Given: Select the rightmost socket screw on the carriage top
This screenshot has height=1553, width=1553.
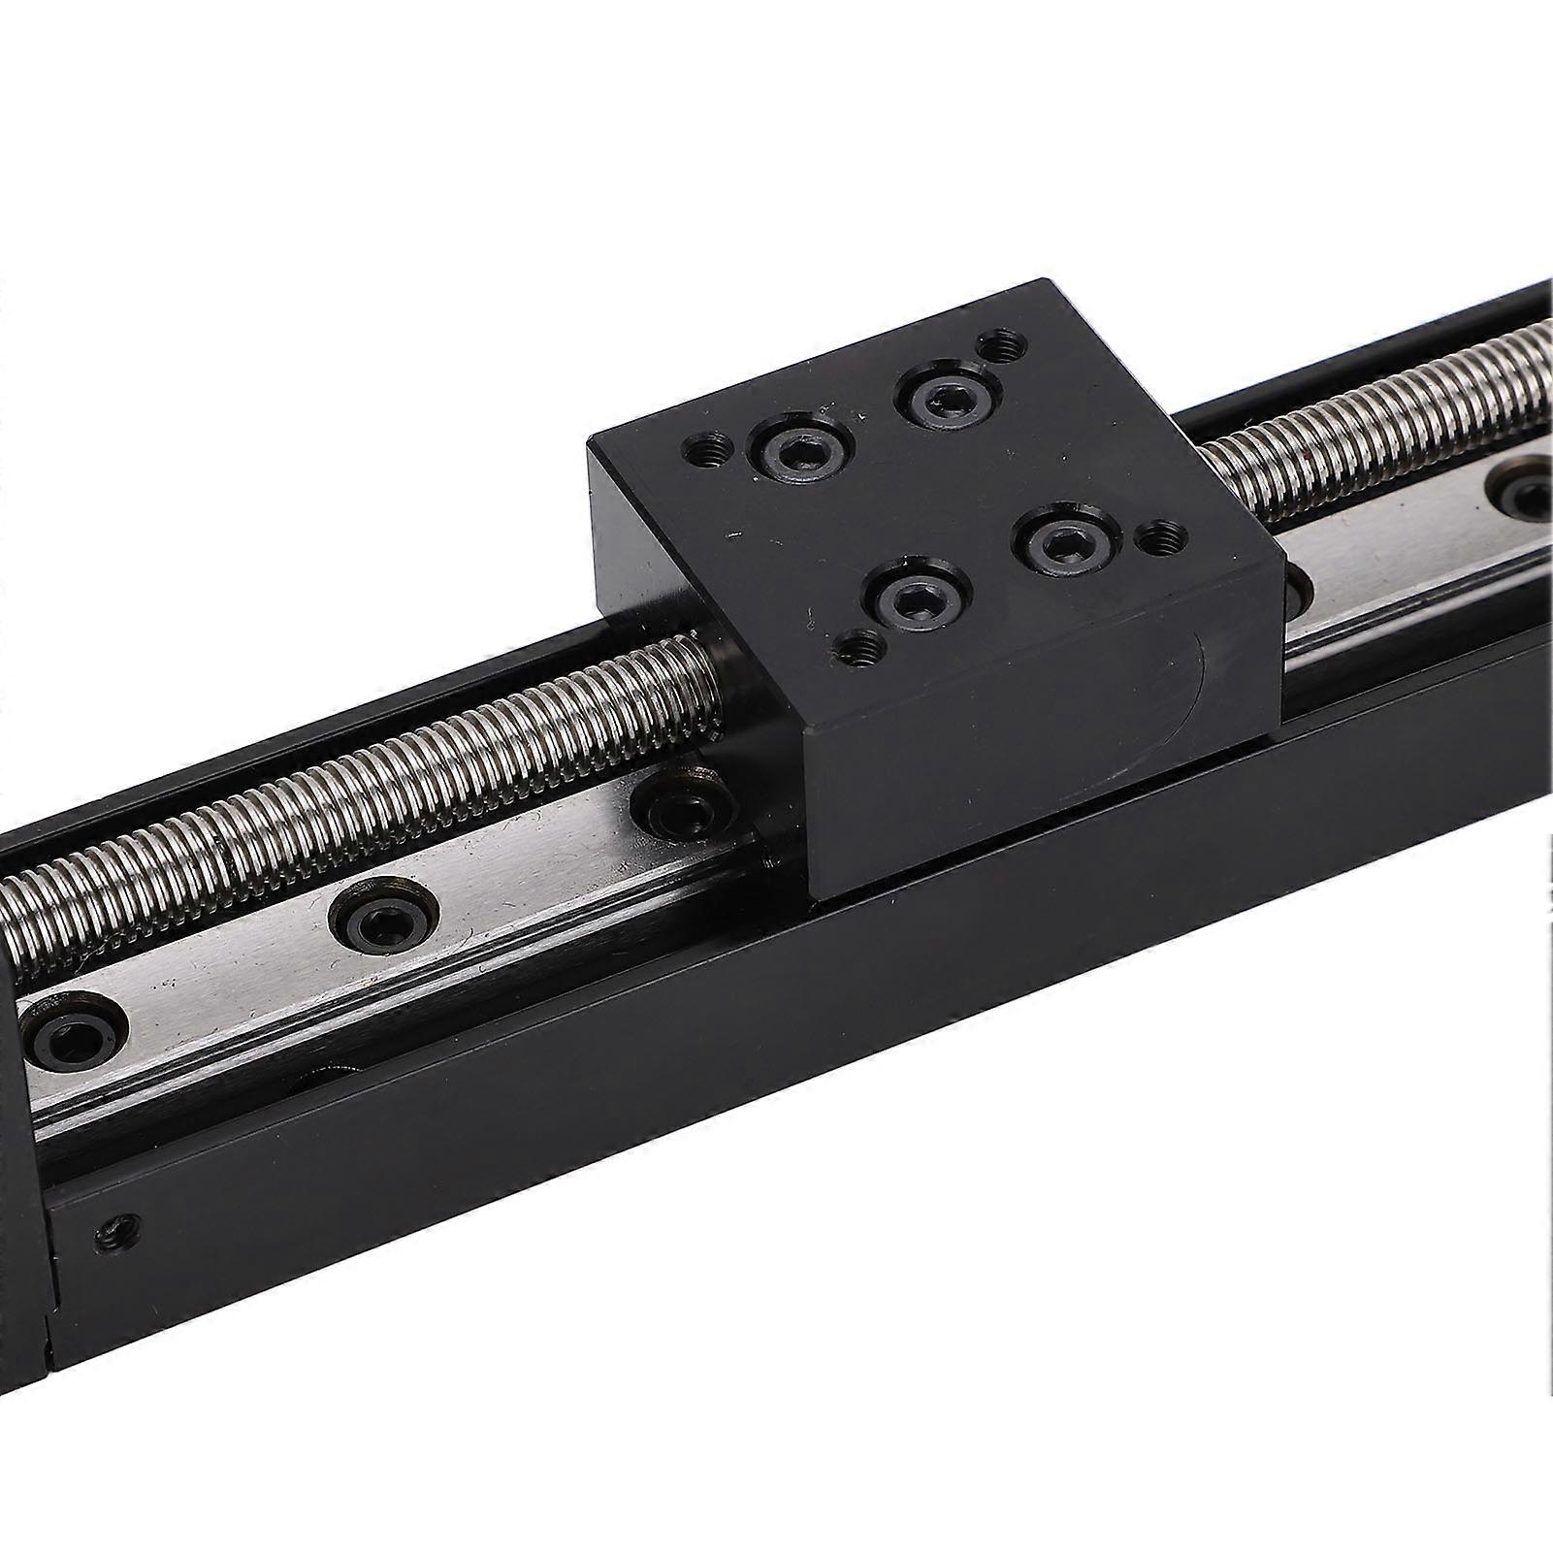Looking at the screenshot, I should click(1058, 545).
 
